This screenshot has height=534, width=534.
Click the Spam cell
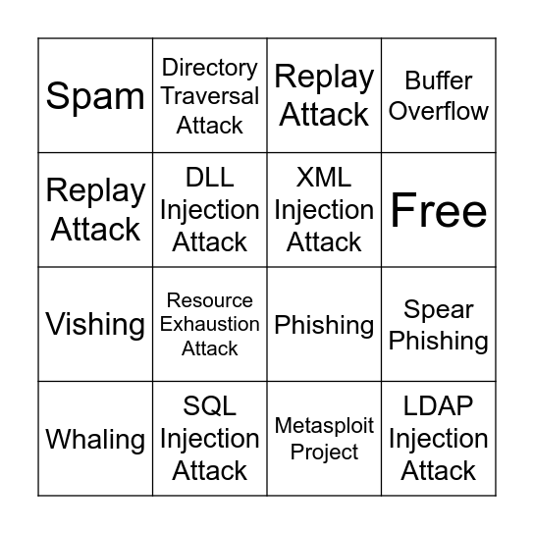coord(95,96)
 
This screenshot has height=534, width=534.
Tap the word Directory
coord(210,68)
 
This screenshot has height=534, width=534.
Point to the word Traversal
coord(210,96)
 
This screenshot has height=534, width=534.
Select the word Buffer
coord(439,80)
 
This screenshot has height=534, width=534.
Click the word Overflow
coord(439,111)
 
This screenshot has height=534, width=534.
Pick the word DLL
coord(210,178)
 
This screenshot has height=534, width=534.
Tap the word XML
coord(324,178)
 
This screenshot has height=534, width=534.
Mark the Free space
coord(439,210)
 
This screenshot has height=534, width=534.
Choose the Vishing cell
coord(95,324)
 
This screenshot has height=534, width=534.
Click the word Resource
coord(210,300)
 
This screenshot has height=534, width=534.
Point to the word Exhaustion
coord(210,324)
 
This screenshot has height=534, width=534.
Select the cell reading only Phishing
coord(324,324)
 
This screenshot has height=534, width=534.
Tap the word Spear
coord(439,309)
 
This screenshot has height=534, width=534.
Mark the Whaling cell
coord(95,439)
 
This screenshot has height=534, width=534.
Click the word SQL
coord(210,406)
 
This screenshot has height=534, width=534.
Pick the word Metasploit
coord(324,426)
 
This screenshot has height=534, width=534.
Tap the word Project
coord(324,452)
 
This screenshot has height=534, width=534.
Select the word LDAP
coord(439,406)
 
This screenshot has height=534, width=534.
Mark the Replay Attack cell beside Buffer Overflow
coord(324,96)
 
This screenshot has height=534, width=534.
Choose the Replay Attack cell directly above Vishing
coord(95,210)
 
